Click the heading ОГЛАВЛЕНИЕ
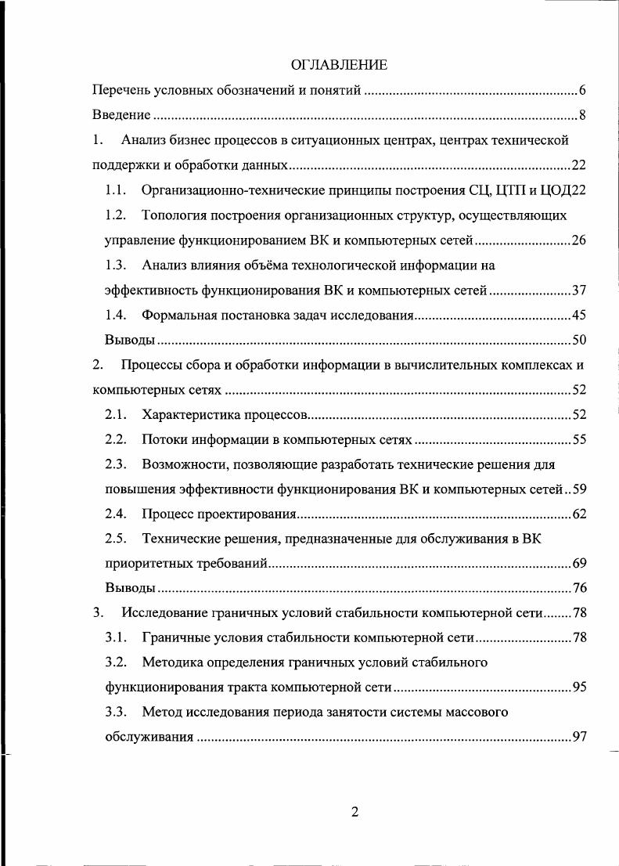coord(339,63)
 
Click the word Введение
coord(121,116)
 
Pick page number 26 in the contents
coord(579,240)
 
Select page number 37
coord(579,290)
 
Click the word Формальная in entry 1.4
coord(177,316)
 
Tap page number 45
coord(579,316)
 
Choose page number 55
coord(579,439)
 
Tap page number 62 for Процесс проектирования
coord(579,514)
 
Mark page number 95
coord(579,687)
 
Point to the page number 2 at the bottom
coord(354,812)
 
